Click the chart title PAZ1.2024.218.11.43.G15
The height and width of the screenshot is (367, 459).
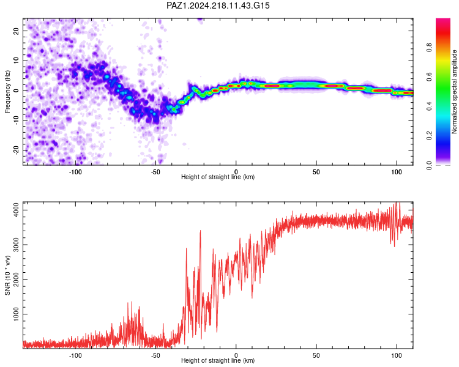pos(218,6)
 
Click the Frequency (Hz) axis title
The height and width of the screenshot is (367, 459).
pos(7,92)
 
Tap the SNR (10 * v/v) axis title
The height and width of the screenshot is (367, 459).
pos(7,275)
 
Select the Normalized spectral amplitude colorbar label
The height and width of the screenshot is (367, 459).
pos(454,92)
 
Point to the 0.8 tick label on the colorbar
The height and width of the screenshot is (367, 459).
pos(429,47)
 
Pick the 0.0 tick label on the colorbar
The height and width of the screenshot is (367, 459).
pos(429,165)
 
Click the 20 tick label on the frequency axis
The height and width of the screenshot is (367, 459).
pos(16,31)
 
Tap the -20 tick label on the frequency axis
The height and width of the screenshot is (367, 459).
pos(16,150)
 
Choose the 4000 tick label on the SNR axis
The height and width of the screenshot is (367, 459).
pos(16,210)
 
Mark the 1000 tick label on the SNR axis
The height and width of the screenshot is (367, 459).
pos(16,314)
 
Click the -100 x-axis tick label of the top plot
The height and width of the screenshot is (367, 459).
pos(75,172)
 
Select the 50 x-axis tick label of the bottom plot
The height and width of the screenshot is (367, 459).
pos(316,355)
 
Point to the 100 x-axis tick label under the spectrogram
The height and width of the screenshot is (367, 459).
pos(397,172)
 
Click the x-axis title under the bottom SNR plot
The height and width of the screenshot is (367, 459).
pos(218,360)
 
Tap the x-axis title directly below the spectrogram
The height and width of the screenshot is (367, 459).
pos(218,177)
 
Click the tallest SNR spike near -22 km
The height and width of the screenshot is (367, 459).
pos(200,231)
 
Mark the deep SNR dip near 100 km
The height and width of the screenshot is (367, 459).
pos(394,245)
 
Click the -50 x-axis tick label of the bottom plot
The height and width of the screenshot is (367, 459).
pos(155,355)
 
